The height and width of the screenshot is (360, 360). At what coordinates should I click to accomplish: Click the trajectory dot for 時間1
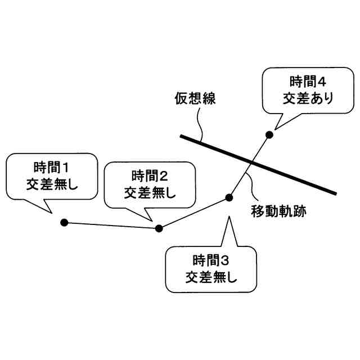tap(64, 223)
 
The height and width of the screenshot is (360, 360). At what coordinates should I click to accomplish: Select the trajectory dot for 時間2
tap(159, 228)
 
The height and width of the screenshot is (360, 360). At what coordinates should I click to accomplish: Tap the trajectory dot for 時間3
tap(229, 197)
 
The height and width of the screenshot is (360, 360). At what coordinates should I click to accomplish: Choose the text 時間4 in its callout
tap(308, 80)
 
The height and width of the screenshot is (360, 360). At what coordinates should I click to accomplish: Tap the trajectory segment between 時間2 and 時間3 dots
tap(194, 213)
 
